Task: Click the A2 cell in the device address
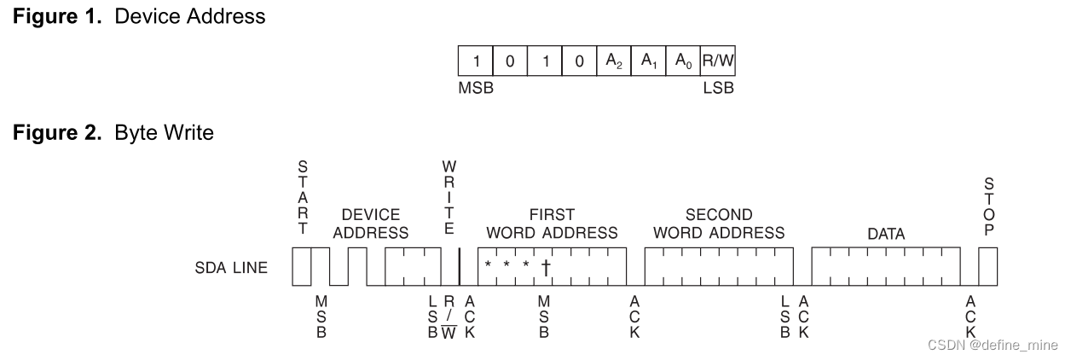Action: click(612, 61)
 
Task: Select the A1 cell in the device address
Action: click(646, 61)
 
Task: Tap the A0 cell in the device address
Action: click(681, 61)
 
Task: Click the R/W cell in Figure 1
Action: click(716, 61)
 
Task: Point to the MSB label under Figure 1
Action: click(476, 88)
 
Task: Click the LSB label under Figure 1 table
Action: click(717, 88)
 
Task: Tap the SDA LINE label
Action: click(230, 268)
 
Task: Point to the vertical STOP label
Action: click(987, 208)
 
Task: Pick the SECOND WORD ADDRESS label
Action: click(718, 224)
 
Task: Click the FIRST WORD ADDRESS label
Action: click(552, 224)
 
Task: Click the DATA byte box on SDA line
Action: click(885, 267)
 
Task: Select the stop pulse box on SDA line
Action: click(987, 267)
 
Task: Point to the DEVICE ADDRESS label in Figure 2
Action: click(371, 224)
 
